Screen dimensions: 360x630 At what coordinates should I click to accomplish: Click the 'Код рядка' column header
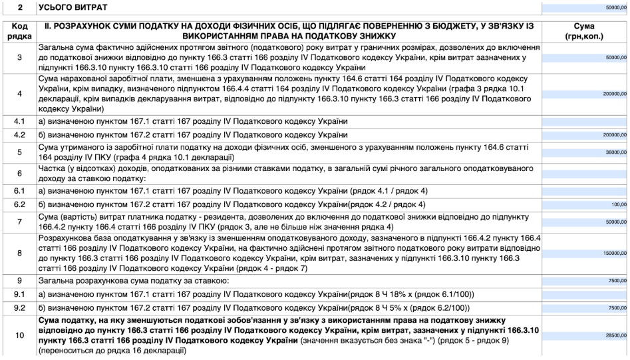click(19, 30)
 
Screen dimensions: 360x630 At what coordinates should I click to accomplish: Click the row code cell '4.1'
click(19, 122)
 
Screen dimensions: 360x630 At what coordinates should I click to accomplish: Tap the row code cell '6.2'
click(19, 204)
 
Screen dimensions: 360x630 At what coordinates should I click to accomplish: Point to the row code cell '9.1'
click(19, 294)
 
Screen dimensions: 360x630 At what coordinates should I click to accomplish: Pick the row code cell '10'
click(19, 336)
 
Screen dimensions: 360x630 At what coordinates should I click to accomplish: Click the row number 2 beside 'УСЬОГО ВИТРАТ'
click(19, 7)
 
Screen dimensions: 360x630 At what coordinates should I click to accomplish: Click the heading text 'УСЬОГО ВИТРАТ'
click(74, 7)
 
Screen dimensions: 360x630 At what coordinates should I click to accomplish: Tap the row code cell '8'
click(19, 253)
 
